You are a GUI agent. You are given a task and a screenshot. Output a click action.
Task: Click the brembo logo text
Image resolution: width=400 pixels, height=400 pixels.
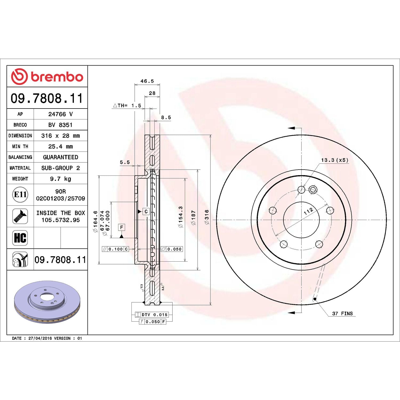coord(57,77)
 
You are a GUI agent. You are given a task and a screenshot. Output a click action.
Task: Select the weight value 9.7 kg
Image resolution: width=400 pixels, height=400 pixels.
coord(61,179)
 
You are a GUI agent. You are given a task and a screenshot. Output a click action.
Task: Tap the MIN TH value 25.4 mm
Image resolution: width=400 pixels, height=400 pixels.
coord(61,146)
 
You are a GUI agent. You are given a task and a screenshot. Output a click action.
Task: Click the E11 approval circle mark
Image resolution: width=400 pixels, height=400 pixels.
coord(20,194)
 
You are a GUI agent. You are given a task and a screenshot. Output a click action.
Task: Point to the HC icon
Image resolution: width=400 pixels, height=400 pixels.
coord(20,238)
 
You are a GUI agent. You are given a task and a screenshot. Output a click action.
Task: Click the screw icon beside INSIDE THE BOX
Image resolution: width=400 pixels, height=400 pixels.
coord(20,216)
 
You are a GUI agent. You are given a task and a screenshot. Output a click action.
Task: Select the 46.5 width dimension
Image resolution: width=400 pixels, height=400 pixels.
coord(147,81)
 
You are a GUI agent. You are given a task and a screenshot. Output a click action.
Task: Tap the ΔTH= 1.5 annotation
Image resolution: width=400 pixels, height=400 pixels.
coord(127,106)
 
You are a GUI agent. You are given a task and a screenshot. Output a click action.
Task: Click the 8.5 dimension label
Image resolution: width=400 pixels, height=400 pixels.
coord(166,118)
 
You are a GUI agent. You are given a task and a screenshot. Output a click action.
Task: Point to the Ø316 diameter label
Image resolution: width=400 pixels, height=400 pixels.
coord(207,217)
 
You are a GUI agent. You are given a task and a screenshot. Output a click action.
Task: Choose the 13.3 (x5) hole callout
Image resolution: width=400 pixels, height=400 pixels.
coord(335,160)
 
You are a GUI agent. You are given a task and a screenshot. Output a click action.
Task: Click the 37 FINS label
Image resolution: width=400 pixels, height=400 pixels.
coord(342,314)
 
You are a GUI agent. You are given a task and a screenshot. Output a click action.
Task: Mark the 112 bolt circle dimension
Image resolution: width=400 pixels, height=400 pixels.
coord(309,211)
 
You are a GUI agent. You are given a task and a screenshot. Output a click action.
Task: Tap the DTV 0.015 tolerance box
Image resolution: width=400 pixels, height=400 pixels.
coord(152,315)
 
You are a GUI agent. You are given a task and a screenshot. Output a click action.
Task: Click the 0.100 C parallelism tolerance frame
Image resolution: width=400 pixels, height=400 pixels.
coord(115,249)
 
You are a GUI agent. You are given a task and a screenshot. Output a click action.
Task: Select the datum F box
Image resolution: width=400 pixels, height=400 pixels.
coord(122,227)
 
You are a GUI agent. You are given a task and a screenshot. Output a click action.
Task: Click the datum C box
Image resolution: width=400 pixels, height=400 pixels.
coord(146,211)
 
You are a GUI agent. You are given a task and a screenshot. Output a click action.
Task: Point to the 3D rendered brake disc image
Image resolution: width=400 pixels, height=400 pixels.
coord(47,302)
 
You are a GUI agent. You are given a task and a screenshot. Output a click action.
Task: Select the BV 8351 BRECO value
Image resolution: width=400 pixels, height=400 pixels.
coord(61,125)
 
